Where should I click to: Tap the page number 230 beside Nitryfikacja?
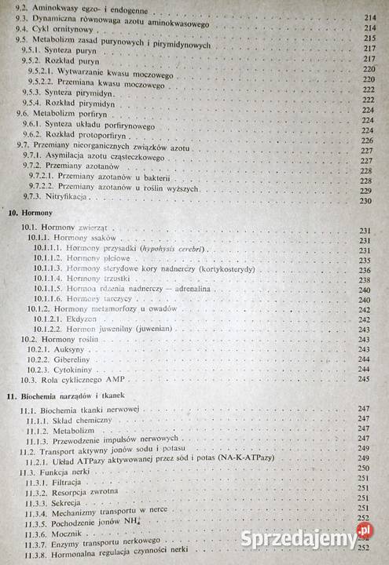coord(364,201)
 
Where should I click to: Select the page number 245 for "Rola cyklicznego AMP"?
coord(364,380)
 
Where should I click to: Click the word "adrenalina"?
coord(200,289)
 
